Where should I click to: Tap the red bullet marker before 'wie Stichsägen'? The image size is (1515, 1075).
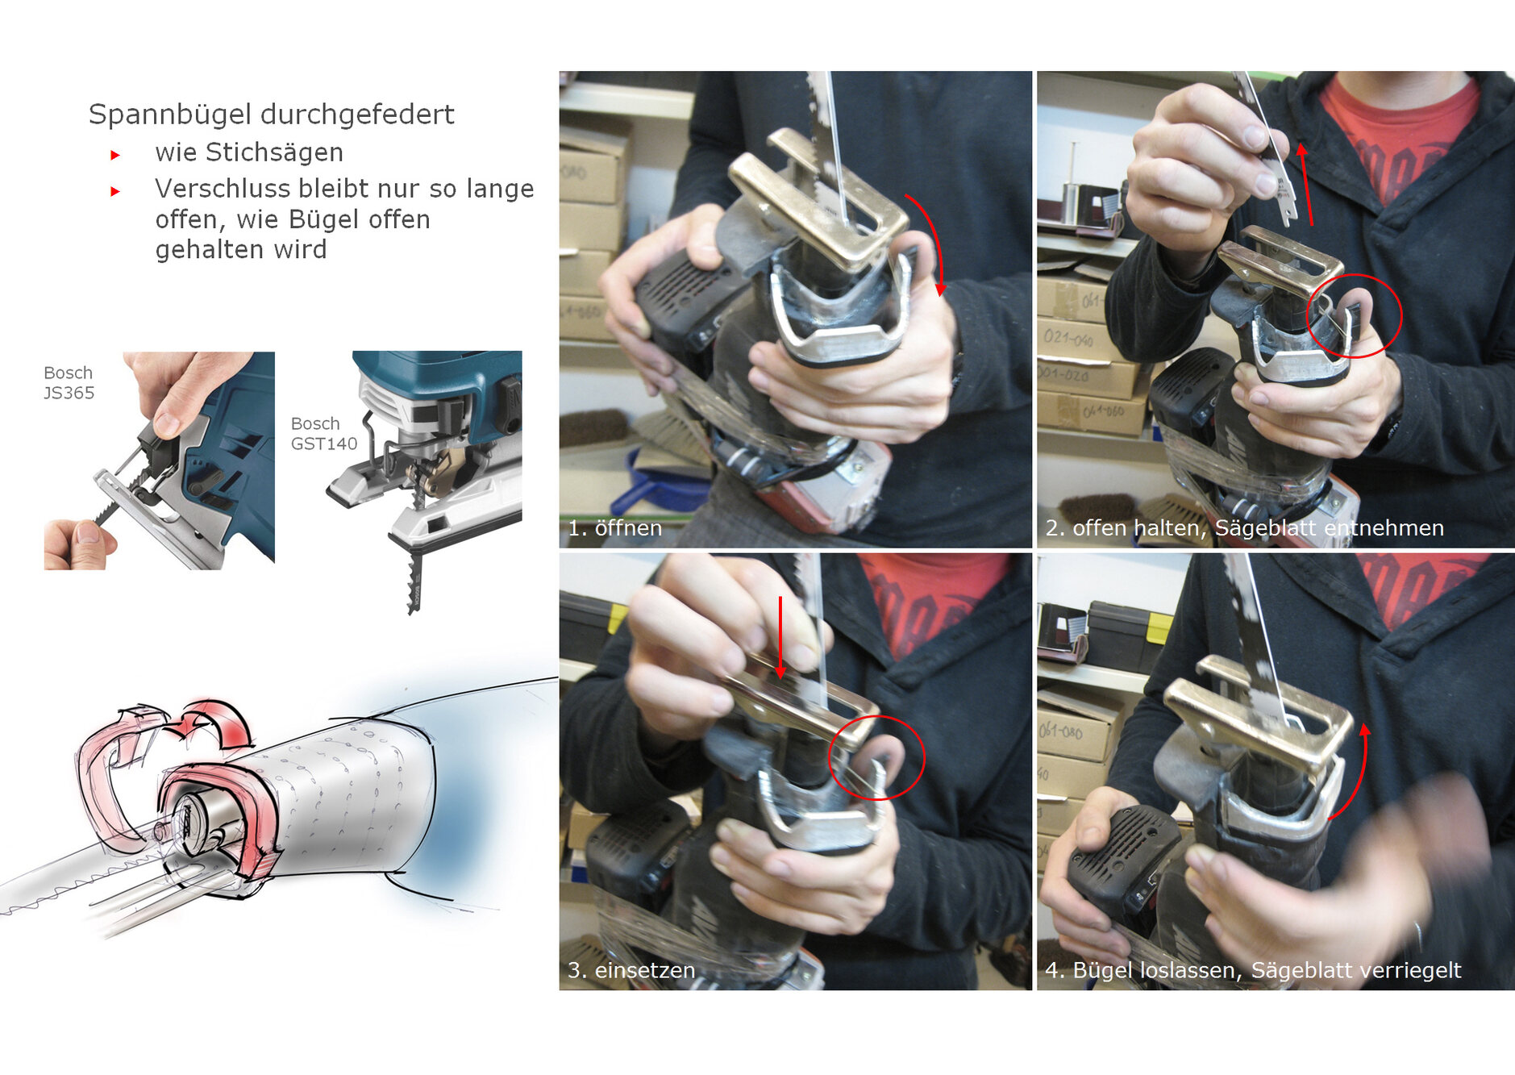115,155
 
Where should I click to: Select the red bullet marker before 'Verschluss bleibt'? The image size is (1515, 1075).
115,191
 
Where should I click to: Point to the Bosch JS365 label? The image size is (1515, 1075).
69,383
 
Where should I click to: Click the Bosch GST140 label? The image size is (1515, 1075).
324,434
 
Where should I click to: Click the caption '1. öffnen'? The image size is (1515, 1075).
614,528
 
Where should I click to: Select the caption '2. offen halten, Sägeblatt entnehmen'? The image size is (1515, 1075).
1244,528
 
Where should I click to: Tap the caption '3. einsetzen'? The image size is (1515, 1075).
631,970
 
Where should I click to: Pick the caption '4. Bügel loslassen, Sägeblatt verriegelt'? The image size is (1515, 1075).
1253,970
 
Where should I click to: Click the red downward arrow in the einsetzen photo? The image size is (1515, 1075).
780,637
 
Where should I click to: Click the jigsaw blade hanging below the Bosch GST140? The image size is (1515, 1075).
415,577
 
